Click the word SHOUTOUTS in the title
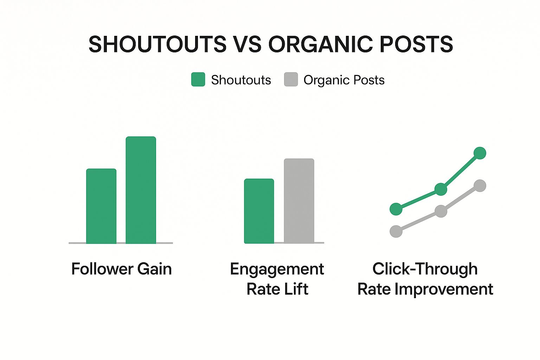[157, 44]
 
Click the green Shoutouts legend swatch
[198, 79]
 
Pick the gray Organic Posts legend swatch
[291, 79]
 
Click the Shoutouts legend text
[241, 80]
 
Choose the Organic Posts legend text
[344, 80]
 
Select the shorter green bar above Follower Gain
[101, 206]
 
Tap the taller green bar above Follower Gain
[141, 190]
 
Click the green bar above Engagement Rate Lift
[259, 211]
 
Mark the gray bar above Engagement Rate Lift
[299, 201]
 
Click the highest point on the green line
[480, 153]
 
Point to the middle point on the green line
[441, 189]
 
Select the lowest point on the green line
[396, 209]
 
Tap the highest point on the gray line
[480, 186]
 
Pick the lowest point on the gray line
[396, 231]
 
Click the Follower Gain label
[121, 269]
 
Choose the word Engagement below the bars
[277, 269]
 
